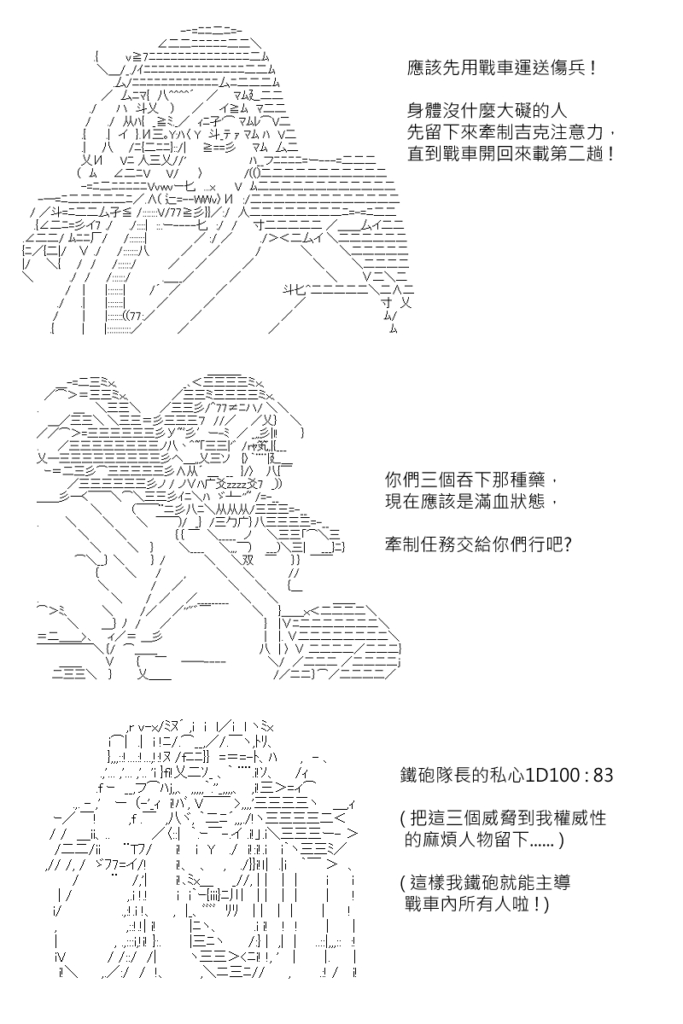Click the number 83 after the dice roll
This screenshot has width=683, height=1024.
pos(603,775)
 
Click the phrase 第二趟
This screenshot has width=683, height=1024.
pos(577,154)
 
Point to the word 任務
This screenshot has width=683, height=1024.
pos(438,545)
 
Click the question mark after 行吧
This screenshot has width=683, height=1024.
pos(567,545)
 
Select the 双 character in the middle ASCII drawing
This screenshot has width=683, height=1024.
pos(248,560)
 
